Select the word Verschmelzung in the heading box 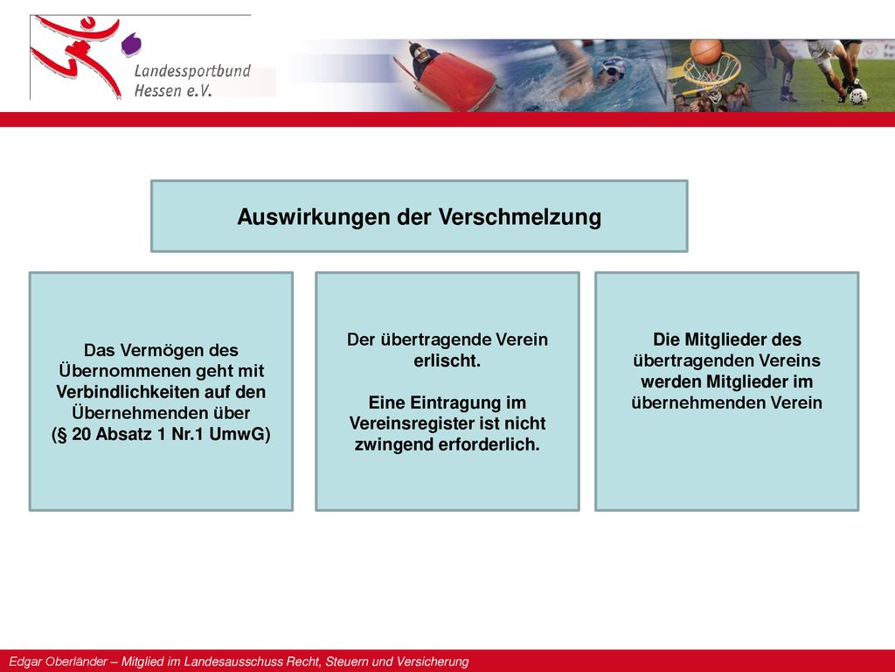[520, 217]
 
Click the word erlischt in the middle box [447, 360]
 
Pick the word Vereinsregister [414, 423]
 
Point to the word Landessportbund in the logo [192, 71]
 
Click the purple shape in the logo [131, 45]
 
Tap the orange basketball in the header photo [706, 52]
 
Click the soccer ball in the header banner [858, 96]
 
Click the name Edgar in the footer [24, 661]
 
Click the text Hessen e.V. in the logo [173, 90]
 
